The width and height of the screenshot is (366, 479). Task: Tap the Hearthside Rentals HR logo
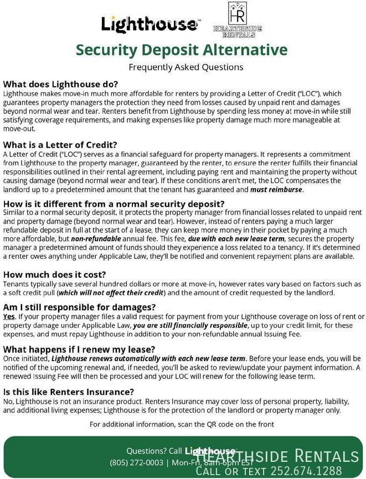click(237, 20)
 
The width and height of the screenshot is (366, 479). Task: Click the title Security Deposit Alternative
click(182, 50)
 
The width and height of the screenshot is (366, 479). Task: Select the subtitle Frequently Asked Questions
click(185, 67)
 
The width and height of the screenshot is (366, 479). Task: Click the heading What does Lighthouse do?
click(61, 84)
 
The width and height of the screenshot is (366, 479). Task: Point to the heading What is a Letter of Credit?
click(60, 145)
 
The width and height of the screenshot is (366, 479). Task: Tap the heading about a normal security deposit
click(114, 204)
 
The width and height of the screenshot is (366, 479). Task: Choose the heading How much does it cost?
click(54, 274)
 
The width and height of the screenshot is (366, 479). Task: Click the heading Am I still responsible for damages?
click(79, 307)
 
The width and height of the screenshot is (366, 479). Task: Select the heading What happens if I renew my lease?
click(79, 350)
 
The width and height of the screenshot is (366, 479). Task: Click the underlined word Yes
click(9, 316)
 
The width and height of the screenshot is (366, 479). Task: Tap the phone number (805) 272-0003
click(136, 462)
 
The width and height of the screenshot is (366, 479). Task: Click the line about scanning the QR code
click(182, 424)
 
